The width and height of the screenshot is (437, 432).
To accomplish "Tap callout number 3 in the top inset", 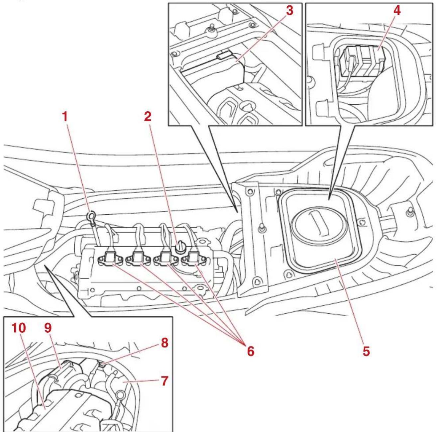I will (289, 11).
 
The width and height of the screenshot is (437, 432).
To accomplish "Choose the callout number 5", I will (366, 351).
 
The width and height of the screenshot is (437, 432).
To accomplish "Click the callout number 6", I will (250, 351).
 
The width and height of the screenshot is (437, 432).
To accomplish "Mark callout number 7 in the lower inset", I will (164, 381).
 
